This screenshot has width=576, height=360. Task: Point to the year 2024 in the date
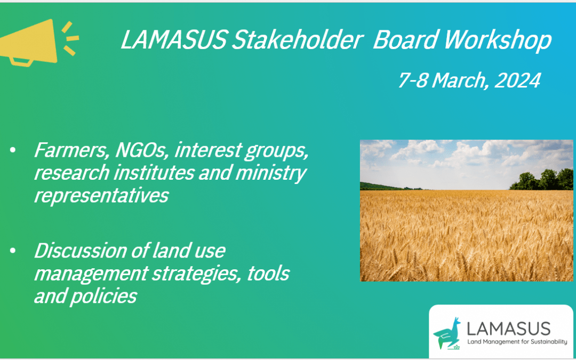coord(517,80)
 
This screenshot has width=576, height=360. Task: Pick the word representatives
coord(101,196)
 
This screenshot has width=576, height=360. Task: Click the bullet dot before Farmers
coord(13,150)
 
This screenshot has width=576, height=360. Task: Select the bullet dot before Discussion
coord(13,251)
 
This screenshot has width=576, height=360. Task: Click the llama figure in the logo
coord(447,332)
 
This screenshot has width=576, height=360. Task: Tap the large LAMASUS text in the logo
coord(509,329)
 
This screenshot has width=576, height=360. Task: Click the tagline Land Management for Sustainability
coord(517,342)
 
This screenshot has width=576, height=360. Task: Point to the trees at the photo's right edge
coord(541,180)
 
